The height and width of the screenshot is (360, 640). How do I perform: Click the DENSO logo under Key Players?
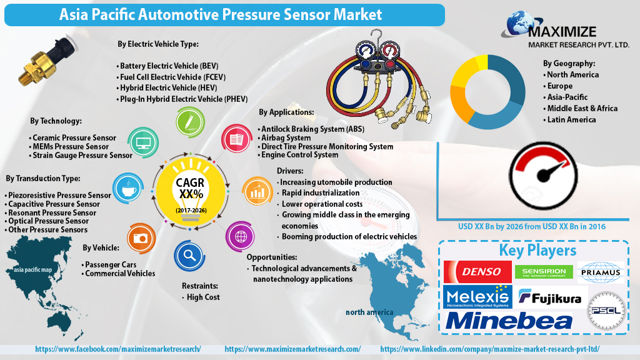coord(477,272)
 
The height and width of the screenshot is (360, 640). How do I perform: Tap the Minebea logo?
coord(509,321)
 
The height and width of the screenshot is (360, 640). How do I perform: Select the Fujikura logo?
coord(550,297)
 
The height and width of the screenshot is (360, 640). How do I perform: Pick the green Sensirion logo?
coord(544,272)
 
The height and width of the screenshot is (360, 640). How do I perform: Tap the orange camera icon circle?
coord(140,238)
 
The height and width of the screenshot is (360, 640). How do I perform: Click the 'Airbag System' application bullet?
coord(286,137)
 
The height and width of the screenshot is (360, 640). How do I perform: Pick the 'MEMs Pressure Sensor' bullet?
coord(70,146)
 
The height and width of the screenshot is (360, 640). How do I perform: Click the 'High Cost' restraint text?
coord(203,297)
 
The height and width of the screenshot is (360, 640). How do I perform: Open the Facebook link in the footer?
coord(118,349)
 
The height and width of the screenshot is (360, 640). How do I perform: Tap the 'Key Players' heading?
coord(537,250)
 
